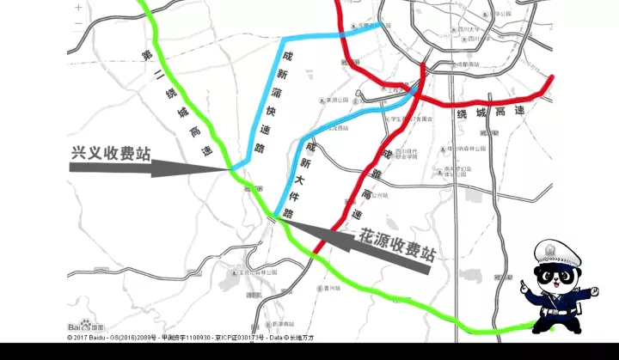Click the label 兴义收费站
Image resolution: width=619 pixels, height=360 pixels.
(x=111, y=154)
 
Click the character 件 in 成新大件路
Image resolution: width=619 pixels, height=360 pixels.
(x=297, y=195)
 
